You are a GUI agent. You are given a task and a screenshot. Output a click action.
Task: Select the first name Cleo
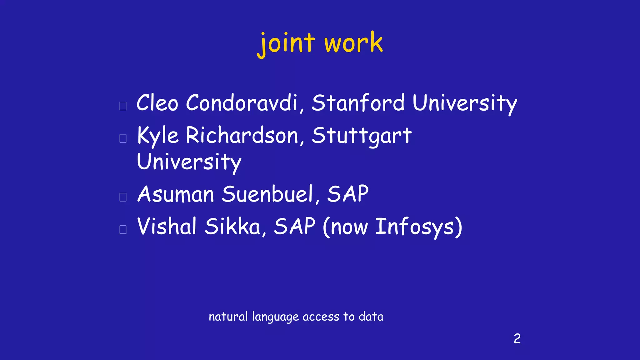[157, 103]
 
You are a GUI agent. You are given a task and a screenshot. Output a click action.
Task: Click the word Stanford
[358, 103]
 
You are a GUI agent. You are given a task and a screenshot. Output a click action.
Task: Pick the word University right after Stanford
[465, 103]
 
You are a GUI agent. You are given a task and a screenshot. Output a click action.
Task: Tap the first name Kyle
[158, 136]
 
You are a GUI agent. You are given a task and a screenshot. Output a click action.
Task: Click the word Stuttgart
[362, 136]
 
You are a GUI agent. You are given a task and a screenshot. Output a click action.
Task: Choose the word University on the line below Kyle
[189, 162]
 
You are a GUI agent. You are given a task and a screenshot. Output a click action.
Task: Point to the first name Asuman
[176, 194]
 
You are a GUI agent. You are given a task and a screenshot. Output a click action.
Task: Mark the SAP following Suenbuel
[348, 194]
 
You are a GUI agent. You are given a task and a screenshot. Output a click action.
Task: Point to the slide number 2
[517, 339]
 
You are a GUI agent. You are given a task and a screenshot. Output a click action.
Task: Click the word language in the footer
[275, 317]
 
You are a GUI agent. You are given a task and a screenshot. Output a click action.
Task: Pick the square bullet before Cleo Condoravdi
[123, 106]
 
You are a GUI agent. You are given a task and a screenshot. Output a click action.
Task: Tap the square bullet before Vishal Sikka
[123, 229]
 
